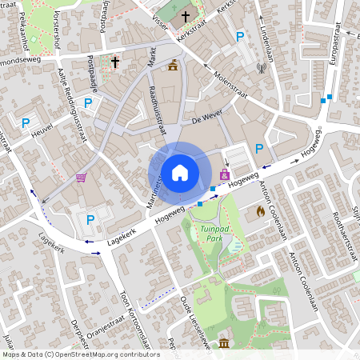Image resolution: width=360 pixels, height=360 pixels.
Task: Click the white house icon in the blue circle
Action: click(x=179, y=172)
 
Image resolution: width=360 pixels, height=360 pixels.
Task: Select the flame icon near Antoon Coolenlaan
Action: click(x=260, y=212)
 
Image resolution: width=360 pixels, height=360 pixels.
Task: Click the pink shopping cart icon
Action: click(x=81, y=178)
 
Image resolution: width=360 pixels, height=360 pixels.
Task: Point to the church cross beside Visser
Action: click(x=186, y=16)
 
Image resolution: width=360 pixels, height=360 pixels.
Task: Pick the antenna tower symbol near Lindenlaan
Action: click(x=261, y=66)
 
